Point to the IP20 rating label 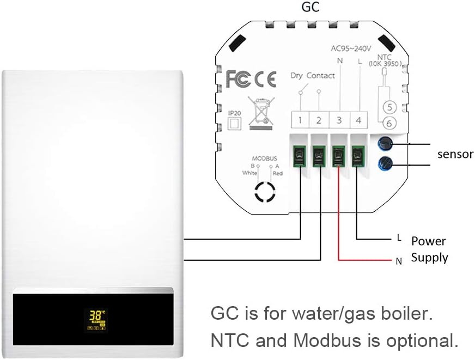click(235, 113)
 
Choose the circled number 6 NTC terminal click(387, 122)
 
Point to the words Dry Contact click(312, 76)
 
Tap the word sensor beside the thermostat click(455, 154)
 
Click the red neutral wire click(339, 218)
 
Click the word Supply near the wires click(429, 258)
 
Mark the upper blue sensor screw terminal click(385, 144)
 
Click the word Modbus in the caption click(327, 340)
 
